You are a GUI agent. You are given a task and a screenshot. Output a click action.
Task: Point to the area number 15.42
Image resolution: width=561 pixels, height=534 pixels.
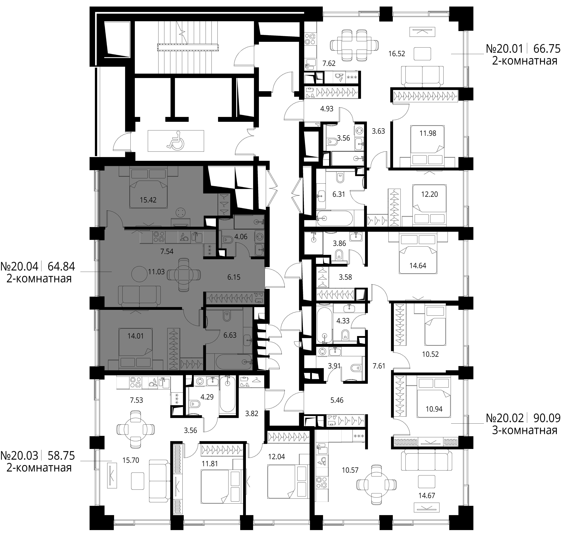[148, 200]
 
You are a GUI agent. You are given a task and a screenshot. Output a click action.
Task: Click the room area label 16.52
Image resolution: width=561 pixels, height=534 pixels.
[397, 54]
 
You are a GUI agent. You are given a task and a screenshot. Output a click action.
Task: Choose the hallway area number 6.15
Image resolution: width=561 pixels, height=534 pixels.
[234, 277]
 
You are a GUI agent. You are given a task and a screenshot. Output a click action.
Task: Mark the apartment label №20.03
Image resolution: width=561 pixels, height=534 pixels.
[19, 456]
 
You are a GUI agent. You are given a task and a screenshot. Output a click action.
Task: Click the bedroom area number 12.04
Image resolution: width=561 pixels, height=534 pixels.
[276, 457]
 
